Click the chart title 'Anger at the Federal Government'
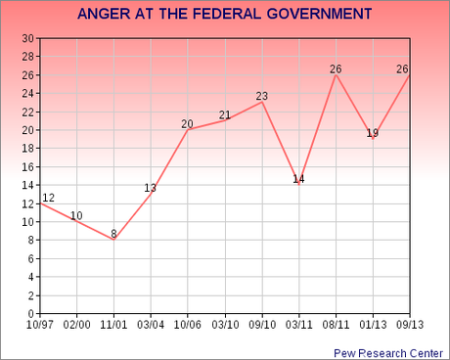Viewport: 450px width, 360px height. coord(224,14)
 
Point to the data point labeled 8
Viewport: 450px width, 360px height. coord(114,240)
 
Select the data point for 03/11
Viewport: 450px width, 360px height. coord(299,185)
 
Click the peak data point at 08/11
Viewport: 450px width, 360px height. coord(337,75)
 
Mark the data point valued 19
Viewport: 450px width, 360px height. coord(373,139)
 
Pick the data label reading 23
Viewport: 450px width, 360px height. coord(262,96)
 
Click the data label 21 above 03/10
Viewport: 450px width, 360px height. coord(225,114)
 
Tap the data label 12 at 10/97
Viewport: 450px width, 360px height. coord(48,198)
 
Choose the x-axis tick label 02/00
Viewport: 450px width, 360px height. coord(77,324)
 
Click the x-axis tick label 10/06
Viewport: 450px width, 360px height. coord(188,324)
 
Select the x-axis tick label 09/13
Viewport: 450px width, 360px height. coord(410,324)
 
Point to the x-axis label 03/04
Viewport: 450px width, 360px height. coord(151,324)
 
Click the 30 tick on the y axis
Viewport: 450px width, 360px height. coord(28,38)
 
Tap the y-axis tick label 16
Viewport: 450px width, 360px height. coord(28,166)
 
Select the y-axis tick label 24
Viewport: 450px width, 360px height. coord(28,93)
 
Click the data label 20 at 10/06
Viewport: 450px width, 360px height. coord(188,123)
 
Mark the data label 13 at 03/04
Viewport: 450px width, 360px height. coord(151,188)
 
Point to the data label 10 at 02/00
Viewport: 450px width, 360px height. coord(77,215)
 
